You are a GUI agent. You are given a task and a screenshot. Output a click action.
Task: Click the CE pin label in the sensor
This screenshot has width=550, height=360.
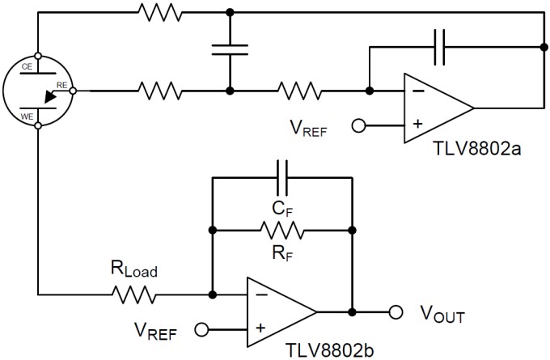pos(26,66)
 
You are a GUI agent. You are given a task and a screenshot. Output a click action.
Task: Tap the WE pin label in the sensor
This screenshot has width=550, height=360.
pos(26,118)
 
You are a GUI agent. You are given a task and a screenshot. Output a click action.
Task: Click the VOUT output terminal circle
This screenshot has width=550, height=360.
pos(396,311)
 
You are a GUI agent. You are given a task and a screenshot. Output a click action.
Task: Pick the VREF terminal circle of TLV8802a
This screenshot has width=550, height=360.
pos(357,125)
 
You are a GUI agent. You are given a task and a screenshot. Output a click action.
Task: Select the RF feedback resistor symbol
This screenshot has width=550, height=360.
pos(282,232)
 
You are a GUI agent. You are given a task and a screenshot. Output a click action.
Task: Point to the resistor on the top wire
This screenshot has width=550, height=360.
pos(159,11)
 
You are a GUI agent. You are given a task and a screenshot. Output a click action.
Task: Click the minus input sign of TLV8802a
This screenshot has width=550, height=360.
pos(417,91)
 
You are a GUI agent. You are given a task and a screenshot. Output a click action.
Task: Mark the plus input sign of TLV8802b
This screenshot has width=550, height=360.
pos(260,328)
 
